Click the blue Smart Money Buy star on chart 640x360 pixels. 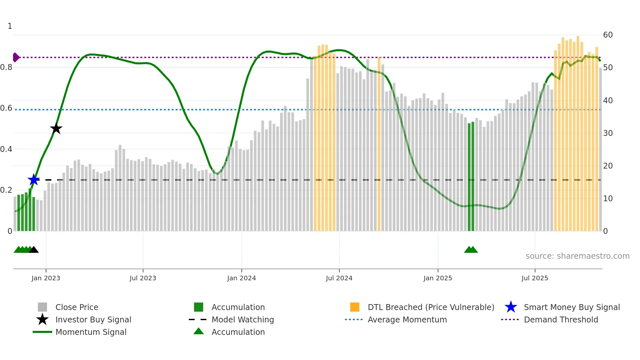tap(34, 180)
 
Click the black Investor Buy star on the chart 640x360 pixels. tap(56, 128)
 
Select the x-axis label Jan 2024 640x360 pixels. tap(241, 278)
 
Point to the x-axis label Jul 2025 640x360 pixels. tap(535, 278)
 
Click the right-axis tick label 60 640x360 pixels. tap(608, 35)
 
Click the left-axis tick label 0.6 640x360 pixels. tap(6, 108)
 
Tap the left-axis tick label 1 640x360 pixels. tap(10, 26)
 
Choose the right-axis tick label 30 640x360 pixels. tap(608, 133)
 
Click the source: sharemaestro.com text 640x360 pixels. tap(577, 256)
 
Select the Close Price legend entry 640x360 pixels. tap(76, 307)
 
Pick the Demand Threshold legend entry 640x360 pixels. tap(561, 319)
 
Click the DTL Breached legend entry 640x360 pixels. tap(431, 307)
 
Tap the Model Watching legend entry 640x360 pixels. tap(242, 319)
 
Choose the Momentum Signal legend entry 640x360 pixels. tap(91, 332)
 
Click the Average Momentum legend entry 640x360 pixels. tap(407, 319)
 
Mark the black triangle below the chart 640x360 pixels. tap(34, 250)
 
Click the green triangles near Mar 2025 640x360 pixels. tap(471, 250)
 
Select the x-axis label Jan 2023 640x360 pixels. tap(46, 278)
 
